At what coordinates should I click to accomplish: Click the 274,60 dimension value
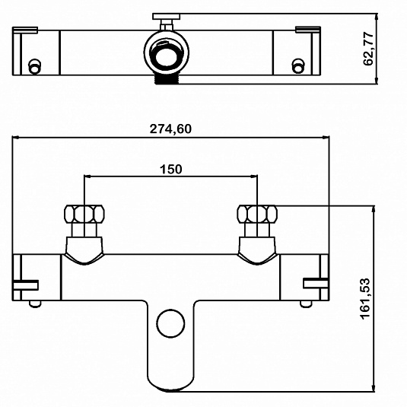click(170, 129)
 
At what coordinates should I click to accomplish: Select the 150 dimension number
click(171, 169)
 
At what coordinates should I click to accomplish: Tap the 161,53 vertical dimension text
click(365, 298)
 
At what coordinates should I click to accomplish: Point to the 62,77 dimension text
click(368, 49)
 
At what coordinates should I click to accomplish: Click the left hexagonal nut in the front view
click(84, 214)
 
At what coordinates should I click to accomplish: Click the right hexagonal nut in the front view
click(257, 214)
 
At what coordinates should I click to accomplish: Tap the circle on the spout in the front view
click(171, 323)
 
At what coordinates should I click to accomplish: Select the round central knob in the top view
click(167, 53)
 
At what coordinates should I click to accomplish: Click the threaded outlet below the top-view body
click(167, 79)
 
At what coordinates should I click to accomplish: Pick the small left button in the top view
click(34, 66)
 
